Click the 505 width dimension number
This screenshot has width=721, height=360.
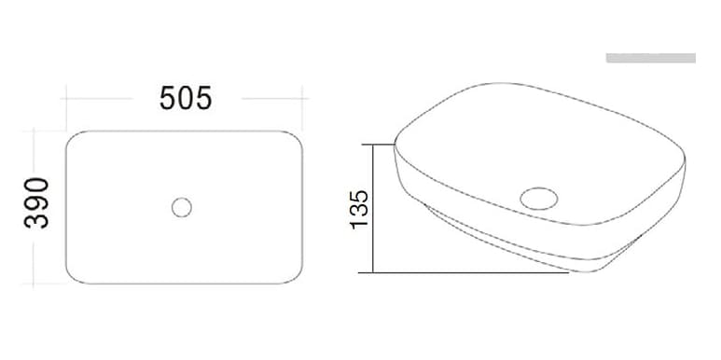click(186, 97)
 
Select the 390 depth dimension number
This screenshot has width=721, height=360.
click(36, 202)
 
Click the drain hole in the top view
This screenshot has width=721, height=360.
click(182, 206)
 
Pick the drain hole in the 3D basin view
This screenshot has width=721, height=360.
click(538, 198)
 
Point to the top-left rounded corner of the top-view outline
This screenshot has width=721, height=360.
click(74, 138)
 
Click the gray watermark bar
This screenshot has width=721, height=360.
click(650, 58)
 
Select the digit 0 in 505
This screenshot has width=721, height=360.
click(186, 97)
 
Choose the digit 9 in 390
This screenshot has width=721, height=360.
click(36, 202)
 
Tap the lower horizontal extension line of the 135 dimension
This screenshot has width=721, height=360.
click(466, 273)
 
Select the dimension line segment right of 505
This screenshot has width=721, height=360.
click(273, 97)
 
